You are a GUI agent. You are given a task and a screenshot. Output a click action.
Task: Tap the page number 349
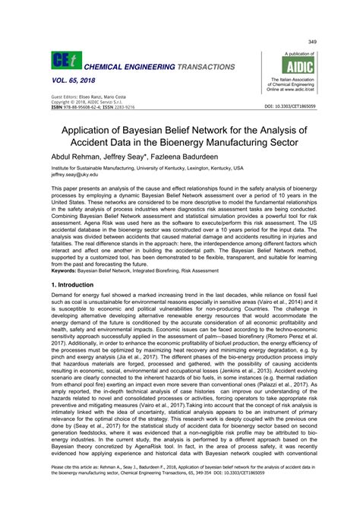point(311,41)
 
